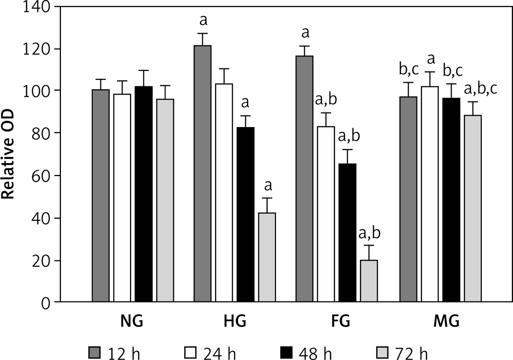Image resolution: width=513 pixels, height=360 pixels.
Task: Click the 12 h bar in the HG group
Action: coord(203,173)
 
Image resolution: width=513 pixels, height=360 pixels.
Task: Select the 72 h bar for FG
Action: coord(369,281)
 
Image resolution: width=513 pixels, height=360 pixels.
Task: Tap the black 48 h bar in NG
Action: coord(144,194)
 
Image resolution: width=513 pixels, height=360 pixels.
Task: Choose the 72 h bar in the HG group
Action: coord(267,257)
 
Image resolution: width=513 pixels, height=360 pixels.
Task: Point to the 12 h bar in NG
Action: coord(101,196)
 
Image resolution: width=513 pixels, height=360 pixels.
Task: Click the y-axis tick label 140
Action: coord(37,7)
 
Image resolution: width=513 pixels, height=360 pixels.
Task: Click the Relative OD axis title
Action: coord(8,154)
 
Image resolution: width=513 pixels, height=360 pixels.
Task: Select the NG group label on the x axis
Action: coord(132,321)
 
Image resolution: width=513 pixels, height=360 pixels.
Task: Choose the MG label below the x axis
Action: coord(446,321)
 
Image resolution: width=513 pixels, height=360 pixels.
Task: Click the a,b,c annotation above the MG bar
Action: coord(481,89)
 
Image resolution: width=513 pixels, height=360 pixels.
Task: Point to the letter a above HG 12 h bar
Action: coord(203,21)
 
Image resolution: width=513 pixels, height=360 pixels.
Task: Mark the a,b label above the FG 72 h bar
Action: coord(369,233)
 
